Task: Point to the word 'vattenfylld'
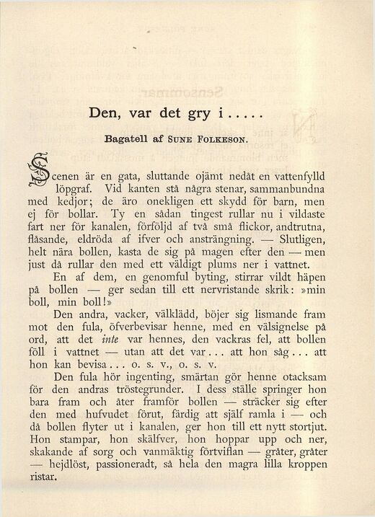click(297, 176)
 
